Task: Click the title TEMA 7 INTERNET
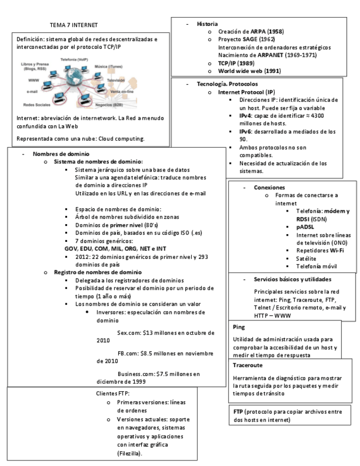tap(73, 25)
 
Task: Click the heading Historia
tap(207, 24)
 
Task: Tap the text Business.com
tap(139, 374)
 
